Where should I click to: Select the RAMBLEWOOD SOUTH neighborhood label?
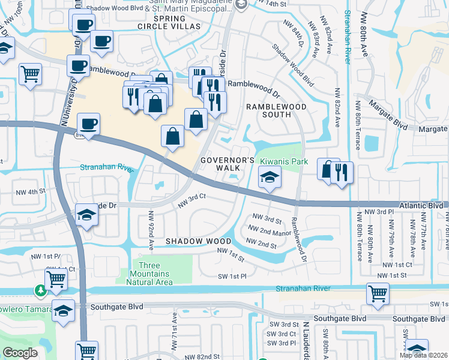pos(277,111)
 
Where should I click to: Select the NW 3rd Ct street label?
pos(191,201)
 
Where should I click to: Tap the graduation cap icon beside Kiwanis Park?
pos(270,176)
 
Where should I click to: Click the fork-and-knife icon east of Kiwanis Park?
pos(342,172)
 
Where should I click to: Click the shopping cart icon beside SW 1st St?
pos(378,293)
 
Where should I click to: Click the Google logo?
pos(20,352)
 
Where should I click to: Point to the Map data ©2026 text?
pos(423,355)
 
